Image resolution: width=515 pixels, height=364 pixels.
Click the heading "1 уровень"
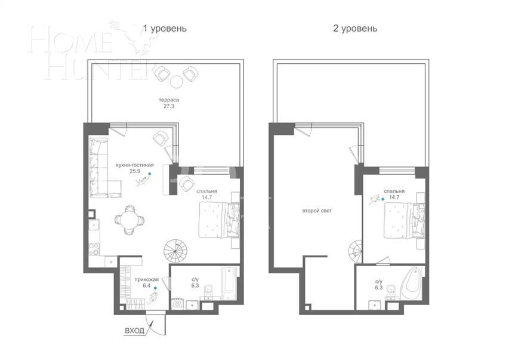coord(165,28)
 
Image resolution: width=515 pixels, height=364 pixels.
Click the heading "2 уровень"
coord(354,28)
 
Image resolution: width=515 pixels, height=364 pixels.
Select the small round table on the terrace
coord(176,81)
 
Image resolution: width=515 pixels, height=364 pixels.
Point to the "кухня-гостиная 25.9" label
coord(134,168)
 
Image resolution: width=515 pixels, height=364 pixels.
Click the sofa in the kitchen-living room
coord(99,168)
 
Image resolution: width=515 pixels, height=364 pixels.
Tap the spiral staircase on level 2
coord(356,250)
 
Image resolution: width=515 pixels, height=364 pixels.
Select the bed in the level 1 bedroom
coord(218,219)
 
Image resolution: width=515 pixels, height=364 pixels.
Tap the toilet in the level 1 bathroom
coord(208,291)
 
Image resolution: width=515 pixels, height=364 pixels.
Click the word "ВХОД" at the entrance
coord(134,330)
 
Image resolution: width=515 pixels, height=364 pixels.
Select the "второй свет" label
coord(316,211)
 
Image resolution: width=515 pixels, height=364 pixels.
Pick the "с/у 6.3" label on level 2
coord(379,284)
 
